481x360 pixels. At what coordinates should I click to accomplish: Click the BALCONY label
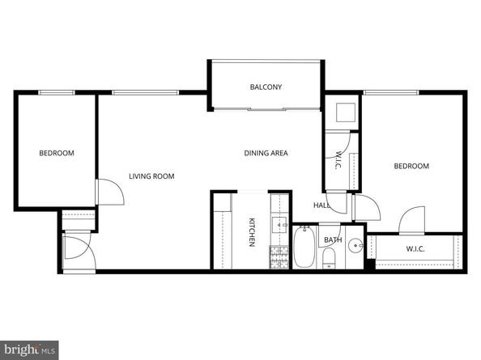(266, 87)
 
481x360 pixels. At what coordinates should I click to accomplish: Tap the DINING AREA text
(266, 153)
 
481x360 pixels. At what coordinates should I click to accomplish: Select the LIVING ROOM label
(151, 176)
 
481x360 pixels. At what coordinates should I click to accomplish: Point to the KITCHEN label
(252, 232)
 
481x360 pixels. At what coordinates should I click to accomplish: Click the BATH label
(333, 240)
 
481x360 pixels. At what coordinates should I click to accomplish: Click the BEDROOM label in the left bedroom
(57, 153)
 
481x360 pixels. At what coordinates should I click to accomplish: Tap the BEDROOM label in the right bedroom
(411, 167)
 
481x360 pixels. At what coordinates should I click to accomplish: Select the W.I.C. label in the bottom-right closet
(415, 248)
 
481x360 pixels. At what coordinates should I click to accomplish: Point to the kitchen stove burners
(279, 256)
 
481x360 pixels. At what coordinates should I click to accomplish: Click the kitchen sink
(280, 225)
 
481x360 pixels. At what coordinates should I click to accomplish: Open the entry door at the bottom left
(79, 248)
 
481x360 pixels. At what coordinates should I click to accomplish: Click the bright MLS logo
(28, 349)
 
